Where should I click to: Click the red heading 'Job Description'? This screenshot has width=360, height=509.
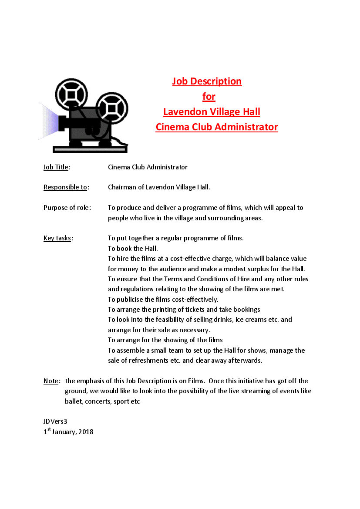pyautogui.click(x=207, y=81)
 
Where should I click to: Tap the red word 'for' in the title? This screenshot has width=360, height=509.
pyautogui.click(x=209, y=97)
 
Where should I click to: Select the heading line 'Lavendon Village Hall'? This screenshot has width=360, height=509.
pyautogui.click(x=212, y=112)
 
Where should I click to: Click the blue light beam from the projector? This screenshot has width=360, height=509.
pyautogui.click(x=49, y=121)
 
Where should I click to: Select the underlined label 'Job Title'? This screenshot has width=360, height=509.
pyautogui.click(x=56, y=167)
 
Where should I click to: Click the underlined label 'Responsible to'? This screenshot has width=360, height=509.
pyautogui.click(x=65, y=188)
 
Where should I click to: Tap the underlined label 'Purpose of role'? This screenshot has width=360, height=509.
pyautogui.click(x=66, y=208)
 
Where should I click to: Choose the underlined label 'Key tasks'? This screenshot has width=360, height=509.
pyautogui.click(x=57, y=238)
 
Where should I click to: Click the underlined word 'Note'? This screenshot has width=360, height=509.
pyautogui.click(x=50, y=381)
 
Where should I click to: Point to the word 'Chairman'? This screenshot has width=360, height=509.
pyautogui.click(x=122, y=188)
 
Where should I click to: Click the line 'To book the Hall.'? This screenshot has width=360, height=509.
pyautogui.click(x=133, y=249)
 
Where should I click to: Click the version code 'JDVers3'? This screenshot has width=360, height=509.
pyautogui.click(x=55, y=421)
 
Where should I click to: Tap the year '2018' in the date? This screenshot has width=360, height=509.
pyautogui.click(x=86, y=432)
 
